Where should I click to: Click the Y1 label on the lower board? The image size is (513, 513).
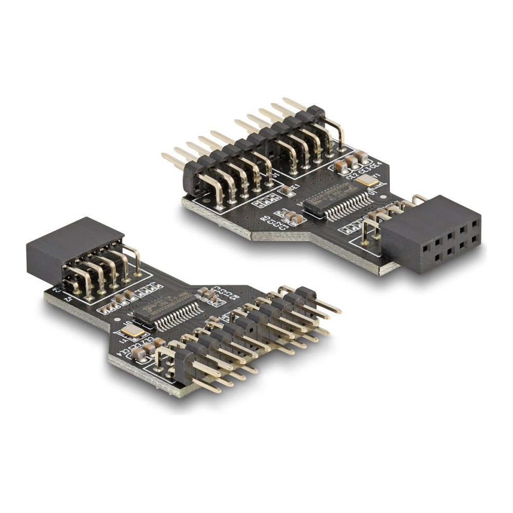(123, 339)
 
